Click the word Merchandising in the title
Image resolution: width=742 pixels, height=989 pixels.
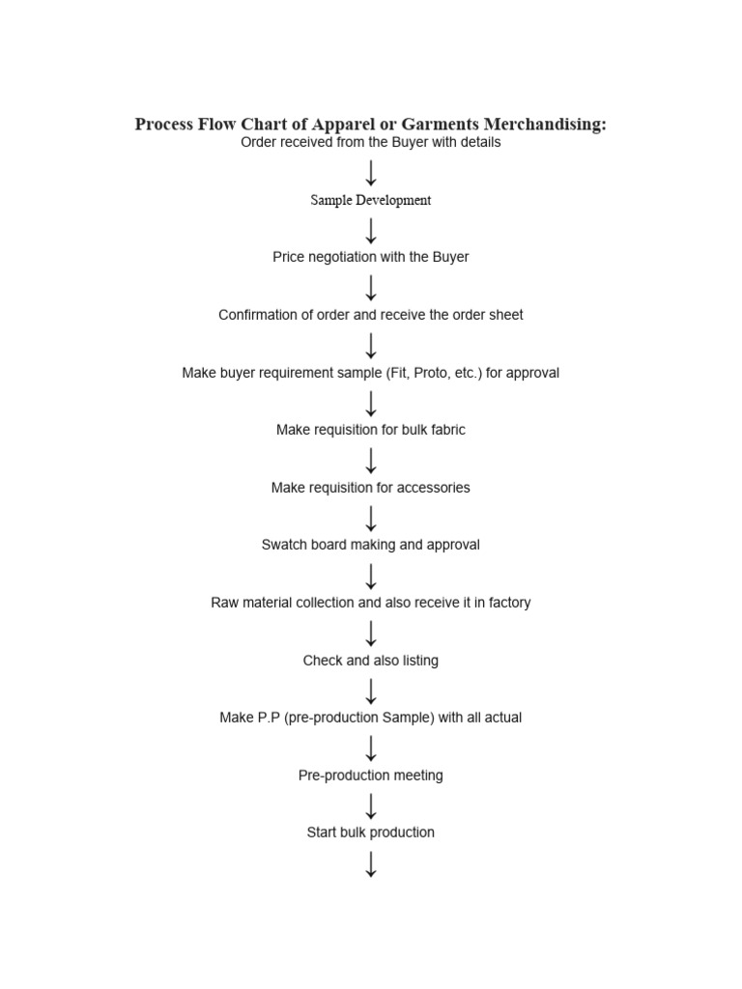(x=545, y=125)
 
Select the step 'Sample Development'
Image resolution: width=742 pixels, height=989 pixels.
(x=370, y=200)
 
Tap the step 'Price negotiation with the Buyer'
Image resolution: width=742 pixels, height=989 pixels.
(x=370, y=257)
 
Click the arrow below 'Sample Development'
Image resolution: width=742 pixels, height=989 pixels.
(x=371, y=231)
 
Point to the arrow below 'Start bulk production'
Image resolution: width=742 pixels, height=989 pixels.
(x=371, y=864)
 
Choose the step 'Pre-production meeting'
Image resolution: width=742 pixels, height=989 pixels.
(x=370, y=776)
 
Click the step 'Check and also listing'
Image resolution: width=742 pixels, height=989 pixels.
(x=370, y=661)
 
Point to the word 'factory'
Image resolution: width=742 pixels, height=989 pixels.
(x=510, y=603)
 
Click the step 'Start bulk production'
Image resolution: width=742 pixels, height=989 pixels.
(x=370, y=832)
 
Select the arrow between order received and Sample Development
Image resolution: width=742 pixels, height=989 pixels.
(x=371, y=173)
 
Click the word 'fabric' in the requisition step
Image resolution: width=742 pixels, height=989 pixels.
(x=447, y=430)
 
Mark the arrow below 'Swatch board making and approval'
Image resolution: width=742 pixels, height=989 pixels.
(x=371, y=577)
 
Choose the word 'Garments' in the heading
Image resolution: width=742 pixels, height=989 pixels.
(x=441, y=125)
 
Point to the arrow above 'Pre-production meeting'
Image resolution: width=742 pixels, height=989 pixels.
(x=371, y=749)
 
